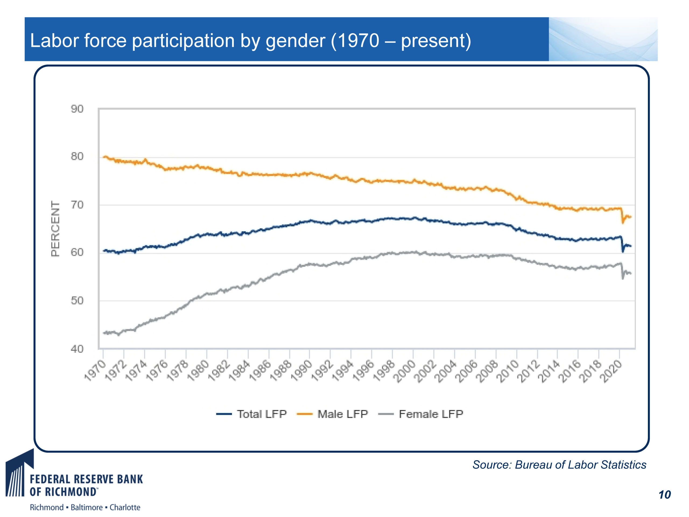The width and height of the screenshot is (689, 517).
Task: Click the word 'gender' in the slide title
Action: [295, 41]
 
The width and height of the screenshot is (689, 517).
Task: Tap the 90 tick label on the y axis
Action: [77, 109]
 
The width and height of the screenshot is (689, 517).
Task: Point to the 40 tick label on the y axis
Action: [77, 349]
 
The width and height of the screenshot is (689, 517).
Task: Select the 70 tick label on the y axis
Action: [77, 205]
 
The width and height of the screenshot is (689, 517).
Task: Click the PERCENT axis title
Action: [55, 228]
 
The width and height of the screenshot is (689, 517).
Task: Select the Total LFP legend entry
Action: [252, 414]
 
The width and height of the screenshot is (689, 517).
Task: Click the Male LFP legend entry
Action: [333, 414]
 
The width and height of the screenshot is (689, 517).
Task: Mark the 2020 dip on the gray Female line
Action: [623, 278]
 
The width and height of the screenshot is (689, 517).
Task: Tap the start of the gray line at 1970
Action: [104, 333]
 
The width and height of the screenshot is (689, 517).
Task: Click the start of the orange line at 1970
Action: [104, 157]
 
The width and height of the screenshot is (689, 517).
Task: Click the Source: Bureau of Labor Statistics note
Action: [559, 465]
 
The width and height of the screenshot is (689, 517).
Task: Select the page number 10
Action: [665, 495]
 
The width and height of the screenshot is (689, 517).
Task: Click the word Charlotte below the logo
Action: [125, 508]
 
